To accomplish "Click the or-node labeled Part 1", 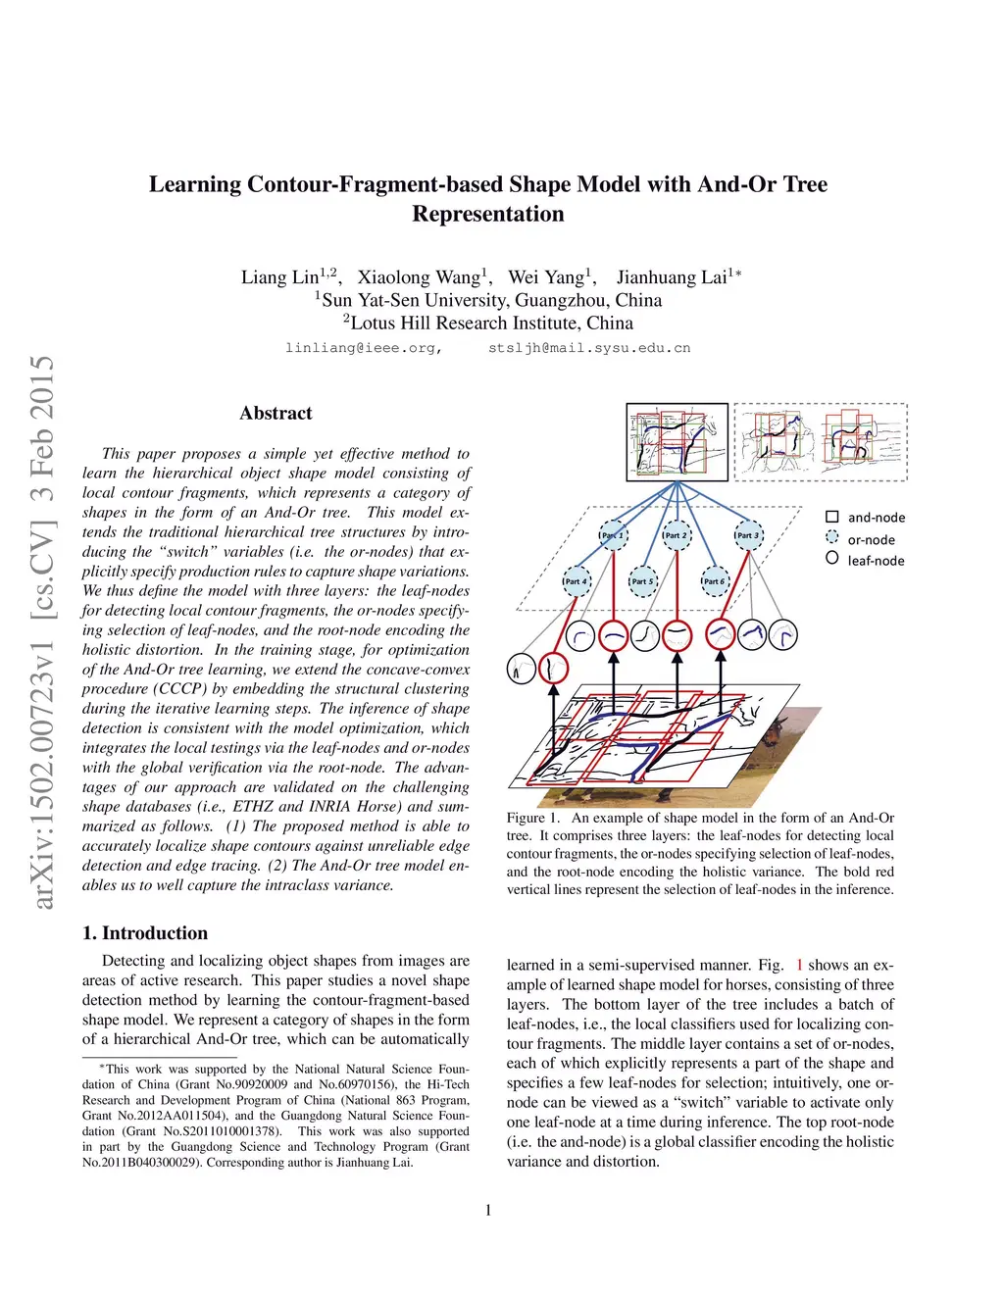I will click(613, 535).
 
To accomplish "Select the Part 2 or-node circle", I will click(677, 535).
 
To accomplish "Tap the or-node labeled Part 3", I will click(748, 535).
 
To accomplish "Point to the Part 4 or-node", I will click(577, 581).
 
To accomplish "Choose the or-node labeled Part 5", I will click(642, 581).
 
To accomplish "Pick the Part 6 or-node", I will click(715, 581).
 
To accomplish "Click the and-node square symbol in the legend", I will click(832, 517).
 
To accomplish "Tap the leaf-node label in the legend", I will click(876, 561).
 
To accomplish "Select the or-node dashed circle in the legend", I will click(832, 538).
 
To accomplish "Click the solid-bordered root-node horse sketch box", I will click(678, 441).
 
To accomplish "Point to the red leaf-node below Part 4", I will click(554, 669).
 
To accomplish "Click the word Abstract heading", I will click(276, 414).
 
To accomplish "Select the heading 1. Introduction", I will click(145, 933).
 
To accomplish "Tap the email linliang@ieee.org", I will click(364, 348).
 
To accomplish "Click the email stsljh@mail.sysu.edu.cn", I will click(589, 348).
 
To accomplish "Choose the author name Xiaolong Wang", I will click(420, 277).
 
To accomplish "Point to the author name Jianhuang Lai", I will click(672, 277).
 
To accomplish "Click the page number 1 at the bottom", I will click(488, 1210).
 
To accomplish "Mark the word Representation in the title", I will click(488, 214).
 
